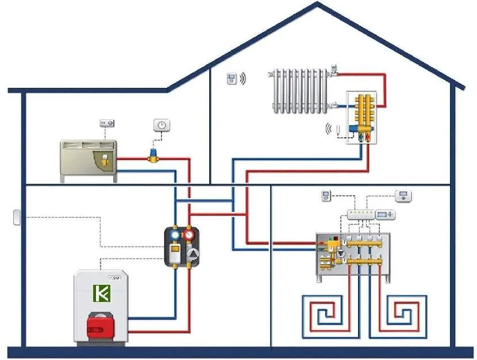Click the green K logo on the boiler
click(x=101, y=293)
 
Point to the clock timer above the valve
click(x=162, y=125)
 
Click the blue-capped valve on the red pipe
click(x=153, y=155)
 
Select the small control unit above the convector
click(x=107, y=122)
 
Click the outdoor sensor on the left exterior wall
click(x=16, y=217)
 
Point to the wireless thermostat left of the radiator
click(x=232, y=79)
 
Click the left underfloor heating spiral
click(x=324, y=313)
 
